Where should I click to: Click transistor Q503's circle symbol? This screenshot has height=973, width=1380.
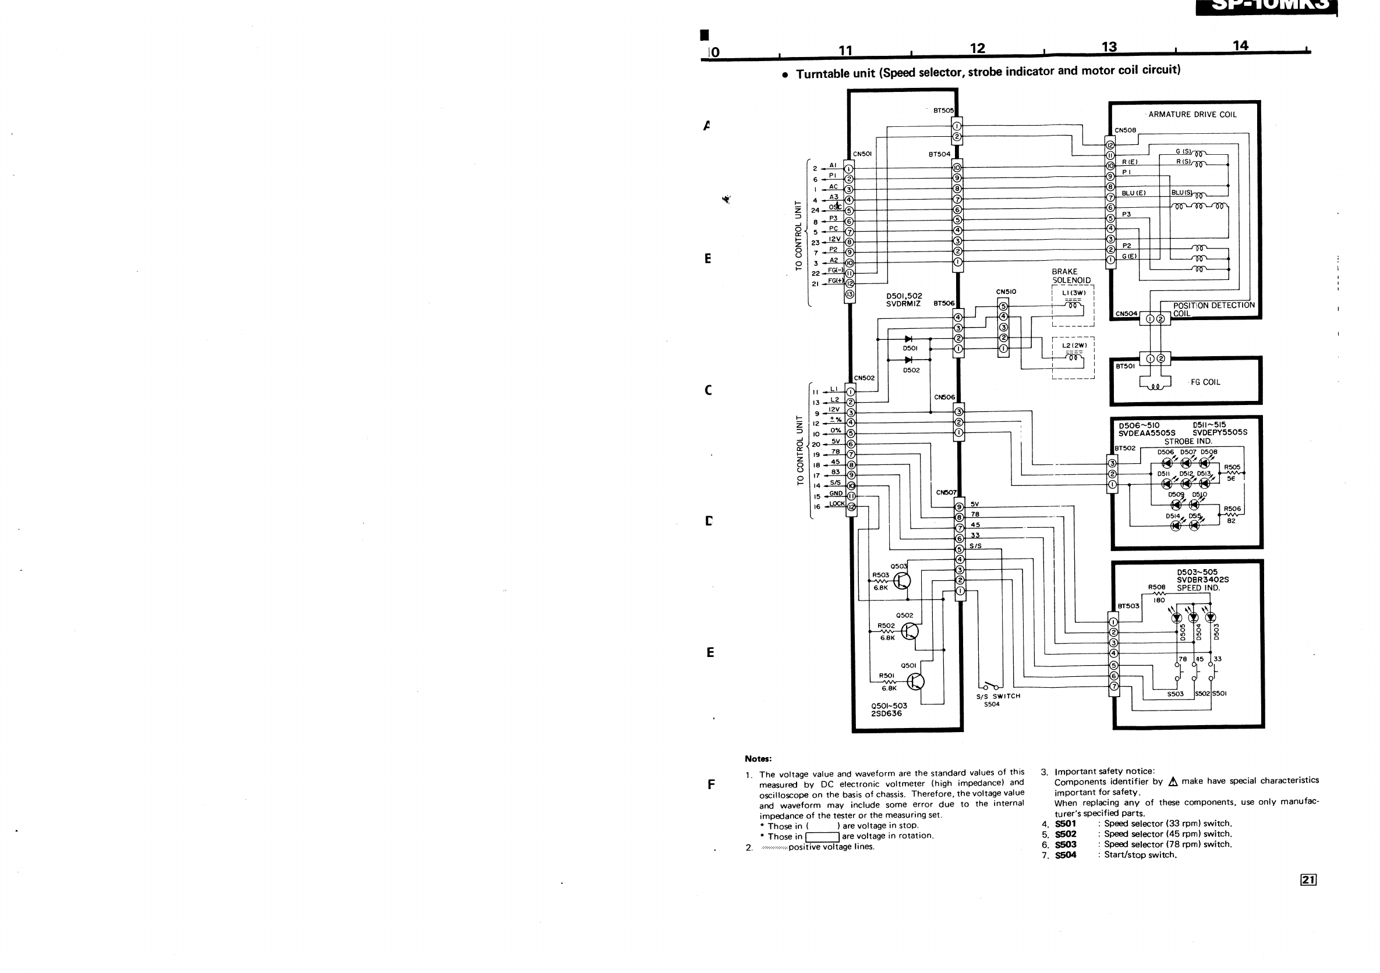(x=901, y=581)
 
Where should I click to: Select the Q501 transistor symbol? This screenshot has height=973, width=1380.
(x=915, y=681)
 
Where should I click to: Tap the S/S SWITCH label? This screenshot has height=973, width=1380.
(x=999, y=696)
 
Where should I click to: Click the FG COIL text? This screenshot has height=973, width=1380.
(x=1205, y=382)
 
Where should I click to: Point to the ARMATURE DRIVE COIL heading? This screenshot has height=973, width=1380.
(x=1193, y=115)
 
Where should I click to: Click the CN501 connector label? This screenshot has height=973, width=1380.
(x=862, y=154)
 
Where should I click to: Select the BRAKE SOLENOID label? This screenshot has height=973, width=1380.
(x=1071, y=276)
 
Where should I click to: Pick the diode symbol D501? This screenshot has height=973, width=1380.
(x=909, y=339)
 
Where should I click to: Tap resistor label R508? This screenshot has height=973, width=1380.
(x=1156, y=587)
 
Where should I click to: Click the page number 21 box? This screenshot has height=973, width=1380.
(x=1308, y=880)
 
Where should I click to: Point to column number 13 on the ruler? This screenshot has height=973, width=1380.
(x=1109, y=47)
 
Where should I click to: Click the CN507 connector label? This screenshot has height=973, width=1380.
(x=946, y=492)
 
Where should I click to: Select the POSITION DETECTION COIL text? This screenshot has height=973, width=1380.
(x=1213, y=308)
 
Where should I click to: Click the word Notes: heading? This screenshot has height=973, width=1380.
(x=758, y=759)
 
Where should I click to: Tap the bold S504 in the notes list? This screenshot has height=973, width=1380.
(x=1066, y=855)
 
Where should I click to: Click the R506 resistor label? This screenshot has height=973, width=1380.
(x=1232, y=509)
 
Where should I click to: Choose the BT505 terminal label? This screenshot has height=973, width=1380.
(x=943, y=111)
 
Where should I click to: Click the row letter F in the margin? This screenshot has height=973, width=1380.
(x=711, y=784)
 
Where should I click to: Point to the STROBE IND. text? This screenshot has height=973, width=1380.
(x=1188, y=442)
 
